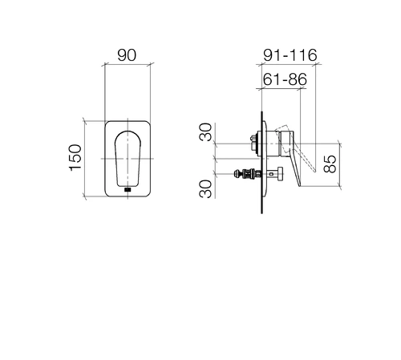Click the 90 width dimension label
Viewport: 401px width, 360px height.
click(x=127, y=55)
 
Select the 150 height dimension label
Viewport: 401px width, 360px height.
click(x=75, y=158)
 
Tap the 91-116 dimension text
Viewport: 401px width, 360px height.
click(x=290, y=55)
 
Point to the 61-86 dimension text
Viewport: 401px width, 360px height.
click(x=285, y=79)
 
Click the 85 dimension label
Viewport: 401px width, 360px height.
click(x=330, y=164)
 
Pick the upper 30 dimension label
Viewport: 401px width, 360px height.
click(x=205, y=131)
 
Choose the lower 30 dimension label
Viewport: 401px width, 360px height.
click(x=205, y=189)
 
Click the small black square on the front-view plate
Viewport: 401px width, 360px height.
click(x=128, y=190)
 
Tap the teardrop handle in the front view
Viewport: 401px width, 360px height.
click(x=128, y=159)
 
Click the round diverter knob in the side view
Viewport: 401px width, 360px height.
click(x=281, y=174)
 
